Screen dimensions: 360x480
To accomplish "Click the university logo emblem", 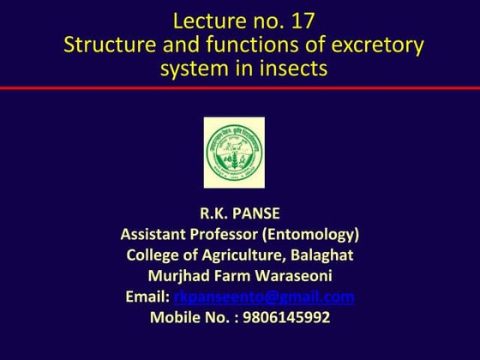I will [234, 153].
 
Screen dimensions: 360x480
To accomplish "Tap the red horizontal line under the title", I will [240, 87].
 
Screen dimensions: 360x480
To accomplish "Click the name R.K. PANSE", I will [240, 213].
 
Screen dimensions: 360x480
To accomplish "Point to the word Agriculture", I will [240, 255].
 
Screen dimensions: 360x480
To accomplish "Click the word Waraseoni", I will [290, 276].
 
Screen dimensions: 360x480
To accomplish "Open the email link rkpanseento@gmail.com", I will [264, 297].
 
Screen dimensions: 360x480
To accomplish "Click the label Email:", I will [147, 297].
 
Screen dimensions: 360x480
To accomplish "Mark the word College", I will [156, 255].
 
